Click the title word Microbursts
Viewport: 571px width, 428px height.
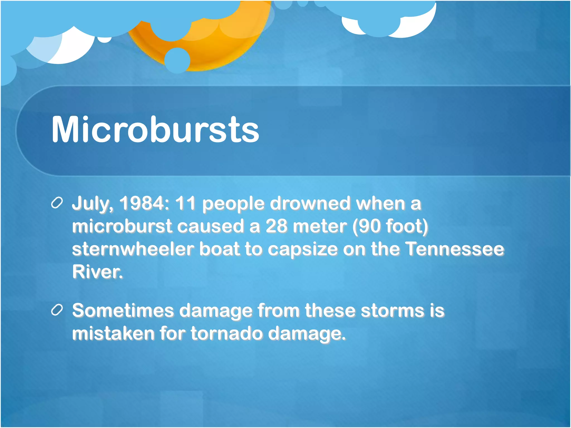(155, 130)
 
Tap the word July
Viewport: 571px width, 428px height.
(92, 204)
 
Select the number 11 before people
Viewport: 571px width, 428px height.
(185, 203)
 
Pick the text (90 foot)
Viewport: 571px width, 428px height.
(390, 226)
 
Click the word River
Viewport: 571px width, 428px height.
(97, 272)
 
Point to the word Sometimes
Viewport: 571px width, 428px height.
(123, 310)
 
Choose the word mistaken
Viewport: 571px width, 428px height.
(113, 333)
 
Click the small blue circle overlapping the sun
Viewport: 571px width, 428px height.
(177, 60)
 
